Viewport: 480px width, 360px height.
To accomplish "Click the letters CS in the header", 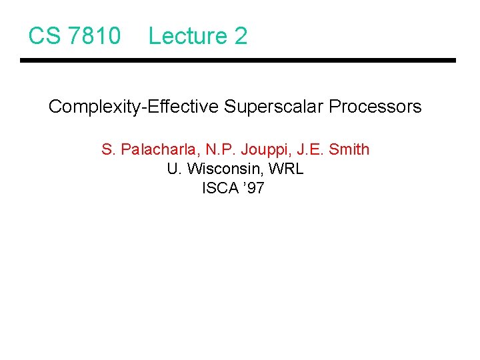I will click(43, 36).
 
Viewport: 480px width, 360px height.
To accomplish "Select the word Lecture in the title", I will click(187, 36).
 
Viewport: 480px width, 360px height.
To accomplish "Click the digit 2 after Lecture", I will click(240, 36).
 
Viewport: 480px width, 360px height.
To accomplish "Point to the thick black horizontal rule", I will click(237, 61).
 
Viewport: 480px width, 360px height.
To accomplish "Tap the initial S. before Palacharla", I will click(109, 149).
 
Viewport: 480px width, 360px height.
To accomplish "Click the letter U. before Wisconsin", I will click(173, 169).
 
